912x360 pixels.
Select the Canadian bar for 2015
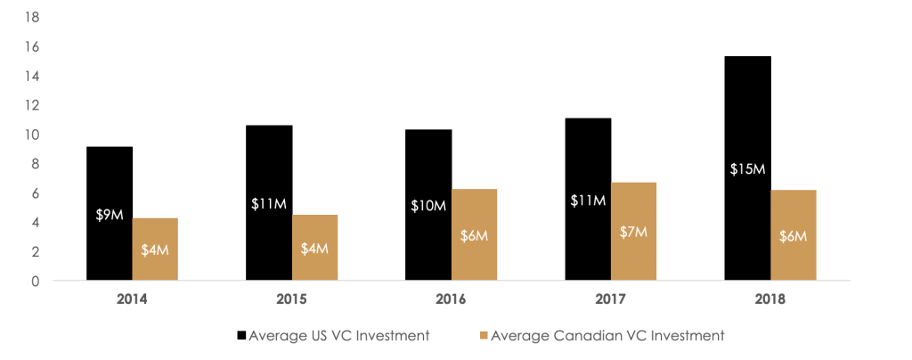314,248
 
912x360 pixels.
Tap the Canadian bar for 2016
474,234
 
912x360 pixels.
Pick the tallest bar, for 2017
633,231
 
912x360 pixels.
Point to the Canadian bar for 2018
793,235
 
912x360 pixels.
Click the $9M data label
109,215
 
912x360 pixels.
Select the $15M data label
747,170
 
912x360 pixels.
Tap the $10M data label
428,206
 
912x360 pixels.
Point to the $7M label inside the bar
633,232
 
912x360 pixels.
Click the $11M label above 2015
269,204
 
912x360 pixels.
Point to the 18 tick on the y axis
33,17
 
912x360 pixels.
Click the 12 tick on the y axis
33,105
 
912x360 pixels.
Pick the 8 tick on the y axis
36,164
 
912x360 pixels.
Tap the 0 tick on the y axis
36,282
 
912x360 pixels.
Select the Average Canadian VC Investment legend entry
602,336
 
